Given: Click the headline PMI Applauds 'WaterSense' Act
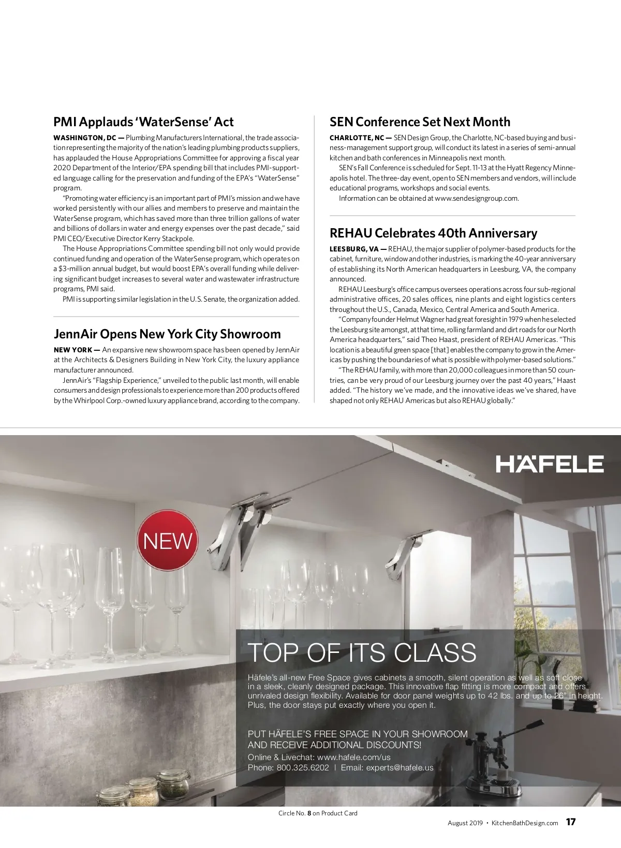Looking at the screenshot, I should point(143,122).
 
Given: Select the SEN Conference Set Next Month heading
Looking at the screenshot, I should point(420,122).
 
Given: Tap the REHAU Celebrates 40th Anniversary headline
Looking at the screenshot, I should point(433,233).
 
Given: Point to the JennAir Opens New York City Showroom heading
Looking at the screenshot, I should point(167,334).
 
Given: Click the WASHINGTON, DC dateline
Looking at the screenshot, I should point(84,138).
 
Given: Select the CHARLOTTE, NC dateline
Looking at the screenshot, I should point(357,138).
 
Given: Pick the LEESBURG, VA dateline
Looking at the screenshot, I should point(354,249).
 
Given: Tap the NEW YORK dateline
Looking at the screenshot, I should point(73,350).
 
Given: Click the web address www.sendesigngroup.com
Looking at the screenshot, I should point(476,198).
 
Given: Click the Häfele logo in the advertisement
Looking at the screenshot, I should point(550,464).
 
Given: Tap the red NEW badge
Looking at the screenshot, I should point(168,541).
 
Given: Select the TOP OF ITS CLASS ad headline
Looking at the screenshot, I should point(362,652).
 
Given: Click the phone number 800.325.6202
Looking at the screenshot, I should point(303,767).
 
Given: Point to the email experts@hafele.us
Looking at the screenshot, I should point(400,767).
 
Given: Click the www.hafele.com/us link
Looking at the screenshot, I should point(353,757).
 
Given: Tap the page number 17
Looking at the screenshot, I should point(570,822).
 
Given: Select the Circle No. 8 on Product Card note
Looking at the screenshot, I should point(318,813).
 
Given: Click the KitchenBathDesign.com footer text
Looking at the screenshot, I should point(524,823).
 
